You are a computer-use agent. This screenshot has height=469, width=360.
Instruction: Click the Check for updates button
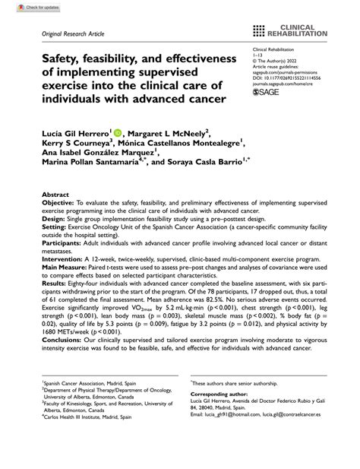coord(24,7)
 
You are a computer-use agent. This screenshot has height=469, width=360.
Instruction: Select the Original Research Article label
coord(68,35)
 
